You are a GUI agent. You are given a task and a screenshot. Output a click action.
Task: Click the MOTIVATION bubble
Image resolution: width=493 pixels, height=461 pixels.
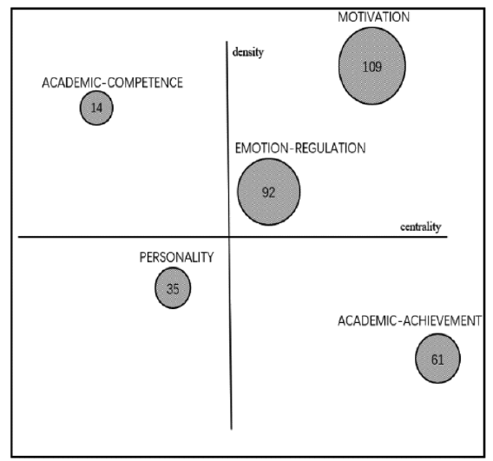372,66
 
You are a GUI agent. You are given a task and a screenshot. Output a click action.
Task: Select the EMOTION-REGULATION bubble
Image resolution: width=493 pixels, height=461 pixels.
269,192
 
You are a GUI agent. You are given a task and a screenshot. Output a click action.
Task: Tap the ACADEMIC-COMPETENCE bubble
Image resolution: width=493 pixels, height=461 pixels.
96,108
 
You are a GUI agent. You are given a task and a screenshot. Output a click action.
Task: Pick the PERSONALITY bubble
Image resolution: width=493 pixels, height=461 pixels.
173,288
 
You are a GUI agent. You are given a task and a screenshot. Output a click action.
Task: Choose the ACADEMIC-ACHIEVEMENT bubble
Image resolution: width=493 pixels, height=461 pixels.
438,359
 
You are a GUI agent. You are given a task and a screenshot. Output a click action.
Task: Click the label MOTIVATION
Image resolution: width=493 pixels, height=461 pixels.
374,17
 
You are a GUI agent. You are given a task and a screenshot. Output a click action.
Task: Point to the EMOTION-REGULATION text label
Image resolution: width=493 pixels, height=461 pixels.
300,148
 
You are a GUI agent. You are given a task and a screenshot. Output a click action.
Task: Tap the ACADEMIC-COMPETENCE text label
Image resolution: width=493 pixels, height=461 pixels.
112,82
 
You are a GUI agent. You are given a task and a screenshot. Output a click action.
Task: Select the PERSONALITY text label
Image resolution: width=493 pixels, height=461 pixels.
176,257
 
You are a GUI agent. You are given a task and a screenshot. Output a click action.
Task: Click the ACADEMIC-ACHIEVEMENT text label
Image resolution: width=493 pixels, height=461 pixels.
410,320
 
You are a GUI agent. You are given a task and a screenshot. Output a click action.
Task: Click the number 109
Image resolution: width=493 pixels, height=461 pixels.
372,67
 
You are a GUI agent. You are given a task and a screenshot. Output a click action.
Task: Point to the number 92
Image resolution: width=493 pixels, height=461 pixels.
269,193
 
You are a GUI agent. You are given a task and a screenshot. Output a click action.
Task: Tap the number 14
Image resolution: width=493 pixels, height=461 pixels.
96,109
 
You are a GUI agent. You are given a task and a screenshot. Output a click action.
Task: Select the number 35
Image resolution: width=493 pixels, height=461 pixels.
173,289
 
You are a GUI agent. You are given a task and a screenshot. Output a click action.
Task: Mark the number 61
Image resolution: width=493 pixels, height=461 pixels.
437,359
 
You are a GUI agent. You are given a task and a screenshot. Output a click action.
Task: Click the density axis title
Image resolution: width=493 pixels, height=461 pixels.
247,52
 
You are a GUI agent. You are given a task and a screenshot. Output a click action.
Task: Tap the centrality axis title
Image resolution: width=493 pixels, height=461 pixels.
421,227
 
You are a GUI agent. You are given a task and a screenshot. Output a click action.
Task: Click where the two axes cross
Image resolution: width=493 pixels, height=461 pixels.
229,236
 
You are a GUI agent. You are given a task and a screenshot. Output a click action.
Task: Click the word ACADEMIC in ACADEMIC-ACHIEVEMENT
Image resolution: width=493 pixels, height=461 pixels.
366,320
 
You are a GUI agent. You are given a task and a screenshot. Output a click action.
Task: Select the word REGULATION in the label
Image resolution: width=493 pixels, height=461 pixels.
331,148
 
